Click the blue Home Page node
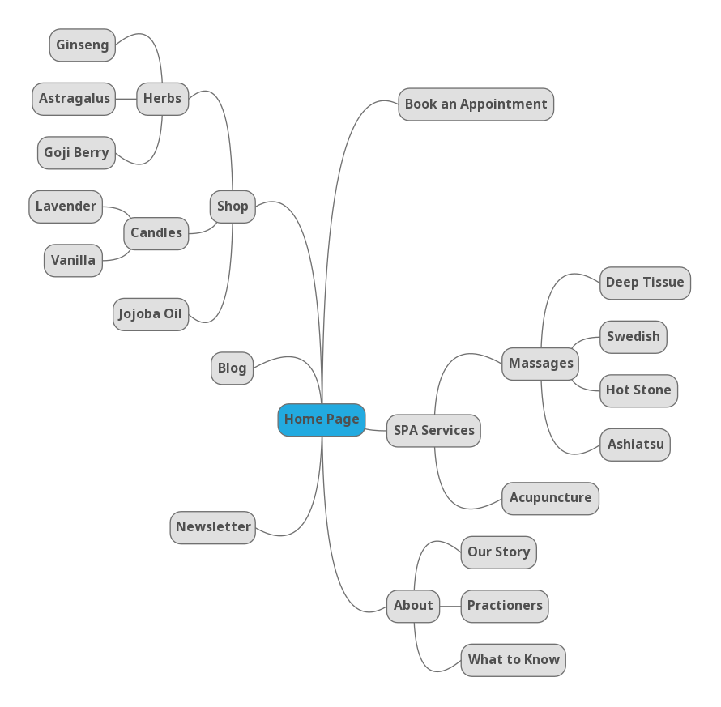pyautogui.click(x=322, y=420)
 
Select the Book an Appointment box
pyautogui.click(x=476, y=104)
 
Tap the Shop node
pyautogui.click(x=233, y=207)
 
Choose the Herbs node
pyautogui.click(x=162, y=99)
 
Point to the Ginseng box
pyautogui.click(x=82, y=45)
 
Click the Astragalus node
pyautogui.click(x=74, y=99)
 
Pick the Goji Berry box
pyautogui.click(x=76, y=153)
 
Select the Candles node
pyautogui.click(x=156, y=233)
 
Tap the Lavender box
pyautogui.click(x=66, y=207)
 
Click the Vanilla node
pyautogui.click(x=73, y=261)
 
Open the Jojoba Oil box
pyautogui.click(x=150, y=314)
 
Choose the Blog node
pyautogui.click(x=232, y=368)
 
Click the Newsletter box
pyautogui.click(x=213, y=527)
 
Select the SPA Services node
pyautogui.click(x=433, y=431)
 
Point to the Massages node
pyautogui.click(x=540, y=364)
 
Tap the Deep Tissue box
pyautogui.click(x=645, y=283)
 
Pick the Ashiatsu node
pyautogui.click(x=635, y=445)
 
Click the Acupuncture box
pyautogui.click(x=550, y=498)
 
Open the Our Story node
pyautogui.click(x=498, y=552)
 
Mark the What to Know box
pyautogui.click(x=513, y=660)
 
